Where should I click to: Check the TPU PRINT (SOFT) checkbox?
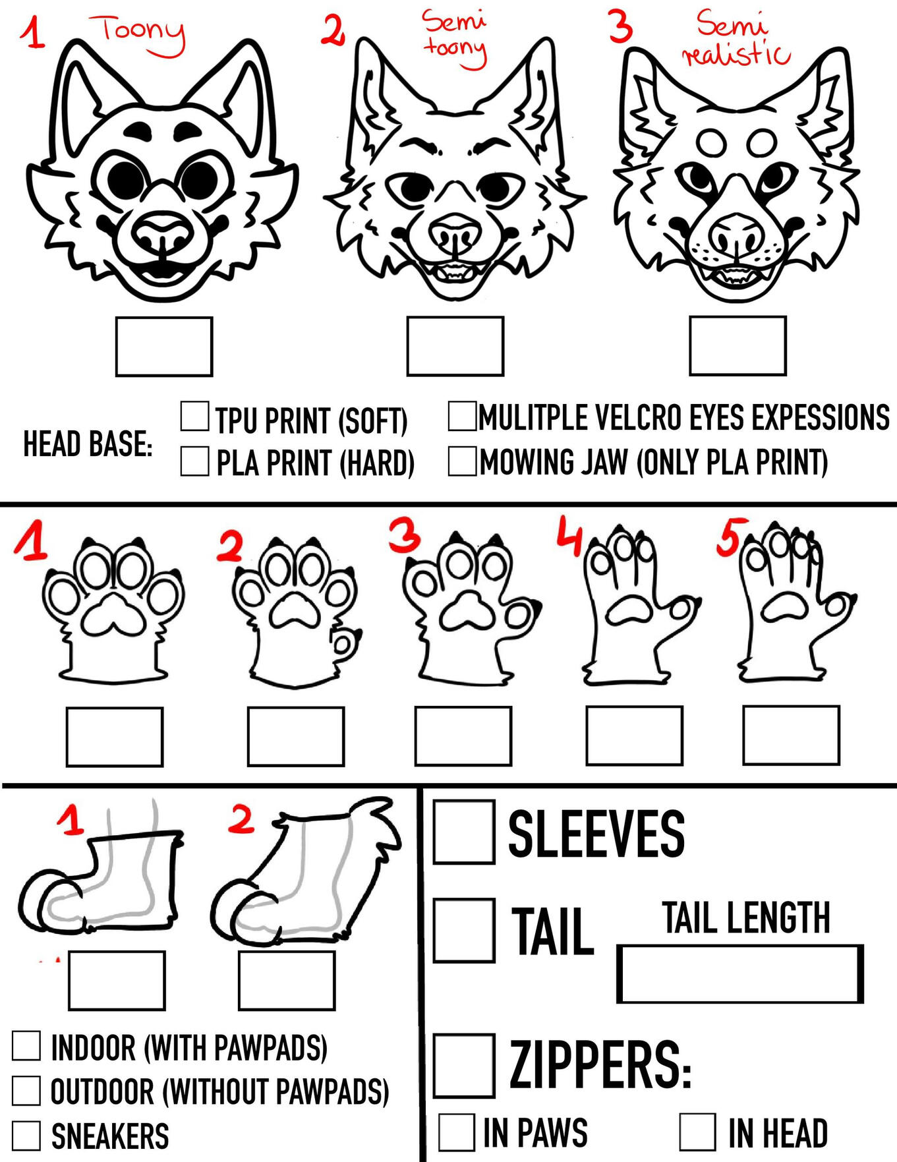tap(195, 416)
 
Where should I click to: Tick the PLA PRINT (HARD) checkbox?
tap(195, 461)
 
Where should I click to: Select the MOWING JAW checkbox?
tap(462, 461)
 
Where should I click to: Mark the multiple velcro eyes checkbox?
tap(462, 416)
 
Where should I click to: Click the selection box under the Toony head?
tap(164, 347)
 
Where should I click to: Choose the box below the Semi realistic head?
tap(738, 345)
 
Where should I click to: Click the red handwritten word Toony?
tap(142, 33)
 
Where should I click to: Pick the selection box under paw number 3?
tap(463, 736)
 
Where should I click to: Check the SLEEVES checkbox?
tap(464, 832)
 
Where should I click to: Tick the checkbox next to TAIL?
tap(464, 930)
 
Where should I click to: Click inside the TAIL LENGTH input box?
tap(740, 974)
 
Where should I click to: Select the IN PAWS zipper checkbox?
tap(456, 1132)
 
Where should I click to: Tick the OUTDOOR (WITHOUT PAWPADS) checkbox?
tap(26, 1091)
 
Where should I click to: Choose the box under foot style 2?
tap(287, 980)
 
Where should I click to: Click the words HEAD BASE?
tap(88, 444)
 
